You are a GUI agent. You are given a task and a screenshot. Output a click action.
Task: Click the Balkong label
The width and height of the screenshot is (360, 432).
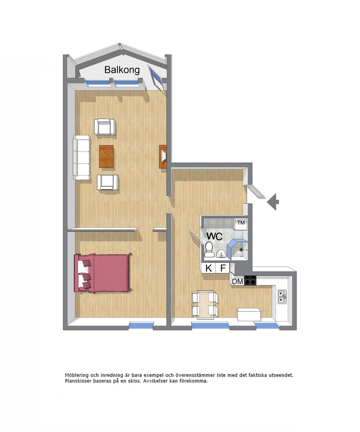[x=122, y=70]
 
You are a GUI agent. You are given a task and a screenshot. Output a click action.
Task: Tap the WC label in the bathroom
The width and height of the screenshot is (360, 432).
[x=214, y=236]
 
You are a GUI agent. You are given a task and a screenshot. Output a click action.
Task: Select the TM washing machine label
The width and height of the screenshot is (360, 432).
[x=241, y=223]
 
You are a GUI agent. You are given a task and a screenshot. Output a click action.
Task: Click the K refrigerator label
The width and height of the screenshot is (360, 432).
[x=208, y=268]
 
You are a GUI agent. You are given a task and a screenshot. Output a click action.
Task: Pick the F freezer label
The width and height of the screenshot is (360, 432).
[x=223, y=268]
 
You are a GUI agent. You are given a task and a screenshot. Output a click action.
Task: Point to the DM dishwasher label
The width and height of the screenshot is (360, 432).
[x=238, y=281]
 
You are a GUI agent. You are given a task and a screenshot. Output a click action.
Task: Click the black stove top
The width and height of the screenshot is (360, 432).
[x=251, y=280]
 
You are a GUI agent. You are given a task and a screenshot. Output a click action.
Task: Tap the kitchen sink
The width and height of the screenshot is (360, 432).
[x=282, y=297]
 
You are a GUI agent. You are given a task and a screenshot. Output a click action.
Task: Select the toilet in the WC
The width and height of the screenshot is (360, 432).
[x=208, y=250]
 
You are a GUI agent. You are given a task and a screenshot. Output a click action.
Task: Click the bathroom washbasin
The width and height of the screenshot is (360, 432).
[x=221, y=253]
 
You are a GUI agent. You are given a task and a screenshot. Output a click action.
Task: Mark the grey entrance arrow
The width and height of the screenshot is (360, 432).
[x=273, y=202]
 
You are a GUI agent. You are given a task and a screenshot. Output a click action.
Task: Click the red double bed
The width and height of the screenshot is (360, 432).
[x=103, y=273]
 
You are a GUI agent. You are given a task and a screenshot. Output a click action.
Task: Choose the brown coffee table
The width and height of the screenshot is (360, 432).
[x=106, y=156]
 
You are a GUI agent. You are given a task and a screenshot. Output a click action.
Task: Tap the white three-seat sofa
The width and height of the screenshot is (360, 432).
[x=81, y=157]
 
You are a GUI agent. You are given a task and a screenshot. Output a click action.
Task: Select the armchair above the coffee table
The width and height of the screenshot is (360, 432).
[x=105, y=127]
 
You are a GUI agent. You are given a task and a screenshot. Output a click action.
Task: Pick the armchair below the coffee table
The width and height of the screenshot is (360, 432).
[x=108, y=182]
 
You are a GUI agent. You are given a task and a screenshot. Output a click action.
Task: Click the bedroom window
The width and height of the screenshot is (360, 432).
[x=141, y=326]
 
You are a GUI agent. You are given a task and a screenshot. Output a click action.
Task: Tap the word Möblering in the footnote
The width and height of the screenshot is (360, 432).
[x=77, y=375]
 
